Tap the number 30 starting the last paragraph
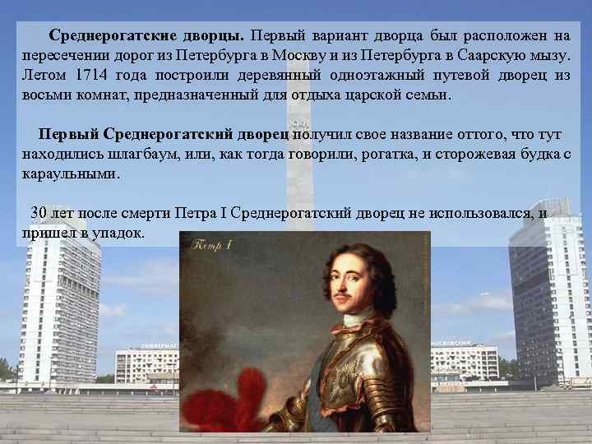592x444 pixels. point(39,213)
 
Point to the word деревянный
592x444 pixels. point(272,76)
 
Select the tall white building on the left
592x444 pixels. point(58,304)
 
